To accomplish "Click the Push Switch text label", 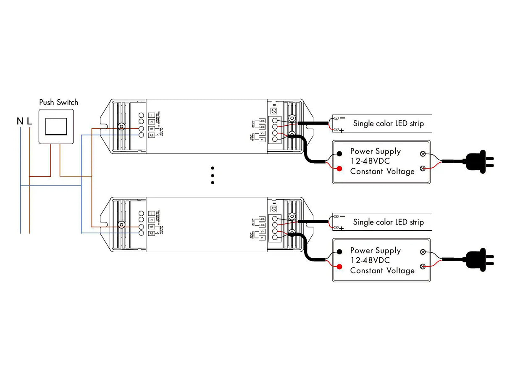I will point(58,102).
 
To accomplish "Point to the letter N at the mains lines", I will point(20,122).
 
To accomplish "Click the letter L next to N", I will point(29,122).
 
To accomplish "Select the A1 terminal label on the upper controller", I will point(151,129).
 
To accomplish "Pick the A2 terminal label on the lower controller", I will point(151,233).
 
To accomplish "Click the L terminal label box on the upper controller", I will point(151,115).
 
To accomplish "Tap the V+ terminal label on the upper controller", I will point(262,133).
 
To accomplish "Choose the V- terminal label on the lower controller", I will point(262,238).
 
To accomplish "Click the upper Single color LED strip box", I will point(382,124).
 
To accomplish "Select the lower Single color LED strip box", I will point(382,222).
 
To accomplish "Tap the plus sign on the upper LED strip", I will point(341,131).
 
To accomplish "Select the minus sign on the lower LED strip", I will point(342,216).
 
